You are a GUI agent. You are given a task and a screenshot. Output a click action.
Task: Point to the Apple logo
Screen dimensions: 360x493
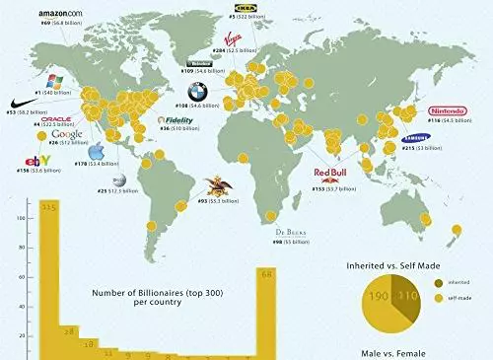tap(97, 153)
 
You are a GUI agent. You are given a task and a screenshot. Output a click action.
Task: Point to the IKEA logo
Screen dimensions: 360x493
tap(239, 7)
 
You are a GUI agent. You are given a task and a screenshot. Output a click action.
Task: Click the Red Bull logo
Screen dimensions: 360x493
tap(330, 177)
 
